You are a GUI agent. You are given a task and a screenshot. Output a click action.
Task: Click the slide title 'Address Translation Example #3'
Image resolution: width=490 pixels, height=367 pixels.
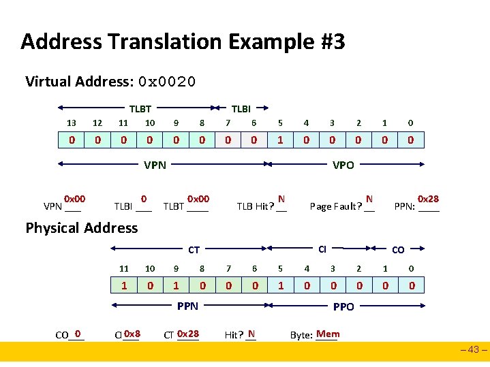pyautogui.click(x=183, y=42)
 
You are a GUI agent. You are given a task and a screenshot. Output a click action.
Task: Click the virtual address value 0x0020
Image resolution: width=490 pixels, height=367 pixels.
pyautogui.click(x=167, y=82)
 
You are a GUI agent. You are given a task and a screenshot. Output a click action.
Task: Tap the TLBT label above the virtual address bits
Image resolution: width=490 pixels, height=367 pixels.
pyautogui.click(x=141, y=108)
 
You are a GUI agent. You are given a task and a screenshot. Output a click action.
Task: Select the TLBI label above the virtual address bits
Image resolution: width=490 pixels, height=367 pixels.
pyautogui.click(x=241, y=108)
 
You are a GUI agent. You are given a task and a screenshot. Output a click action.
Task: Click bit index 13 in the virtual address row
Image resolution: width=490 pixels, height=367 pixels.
pyautogui.click(x=71, y=123)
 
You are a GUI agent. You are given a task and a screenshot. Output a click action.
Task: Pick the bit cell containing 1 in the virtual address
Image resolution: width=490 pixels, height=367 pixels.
pyautogui.click(x=281, y=140)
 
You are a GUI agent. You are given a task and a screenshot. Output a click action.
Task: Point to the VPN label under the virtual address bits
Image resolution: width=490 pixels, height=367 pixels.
pyautogui.click(x=155, y=164)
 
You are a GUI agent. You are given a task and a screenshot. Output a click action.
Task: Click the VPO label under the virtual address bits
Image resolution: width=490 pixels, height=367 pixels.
pyautogui.click(x=343, y=164)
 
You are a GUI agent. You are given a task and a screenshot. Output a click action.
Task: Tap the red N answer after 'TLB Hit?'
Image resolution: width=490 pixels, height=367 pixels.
pyautogui.click(x=281, y=199)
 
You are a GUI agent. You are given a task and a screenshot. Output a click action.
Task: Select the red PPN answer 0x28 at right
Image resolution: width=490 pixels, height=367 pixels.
pyautogui.click(x=428, y=199)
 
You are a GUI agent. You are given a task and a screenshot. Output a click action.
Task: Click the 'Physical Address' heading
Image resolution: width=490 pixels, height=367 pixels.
pyautogui.click(x=82, y=228)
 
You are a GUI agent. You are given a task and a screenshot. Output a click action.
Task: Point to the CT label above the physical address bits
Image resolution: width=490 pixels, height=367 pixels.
pyautogui.click(x=194, y=250)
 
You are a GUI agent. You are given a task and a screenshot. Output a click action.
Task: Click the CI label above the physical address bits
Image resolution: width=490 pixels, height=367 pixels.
pyautogui.click(x=323, y=249)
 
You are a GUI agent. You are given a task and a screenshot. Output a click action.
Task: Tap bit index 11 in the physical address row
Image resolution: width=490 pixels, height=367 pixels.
pyautogui.click(x=124, y=268)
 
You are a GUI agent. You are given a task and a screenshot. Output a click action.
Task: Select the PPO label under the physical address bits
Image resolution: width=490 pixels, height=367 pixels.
pyautogui.click(x=343, y=306)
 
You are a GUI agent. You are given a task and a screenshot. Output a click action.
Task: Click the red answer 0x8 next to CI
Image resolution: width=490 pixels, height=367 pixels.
pyautogui.click(x=132, y=334)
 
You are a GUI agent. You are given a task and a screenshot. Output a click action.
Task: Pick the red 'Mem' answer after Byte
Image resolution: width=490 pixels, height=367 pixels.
pyautogui.click(x=328, y=334)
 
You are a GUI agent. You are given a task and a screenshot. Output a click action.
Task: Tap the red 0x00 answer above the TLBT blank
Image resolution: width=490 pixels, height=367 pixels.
pyautogui.click(x=198, y=199)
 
